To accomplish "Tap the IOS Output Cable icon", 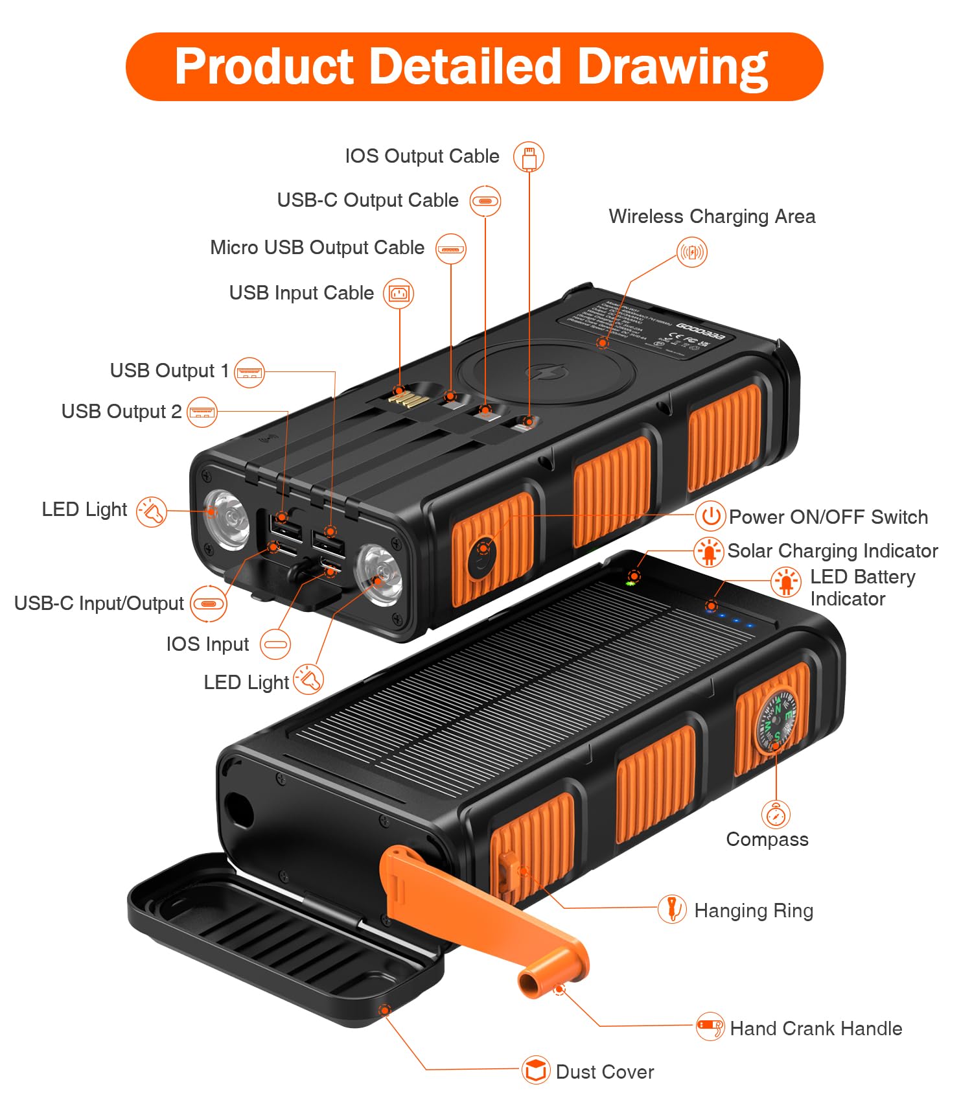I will [x=529, y=157].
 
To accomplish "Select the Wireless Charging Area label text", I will [x=712, y=217].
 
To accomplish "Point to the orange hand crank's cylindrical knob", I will [x=537, y=979].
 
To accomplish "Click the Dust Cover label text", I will [x=605, y=1072].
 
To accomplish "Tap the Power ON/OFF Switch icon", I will [x=711, y=517].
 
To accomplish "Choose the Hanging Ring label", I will [x=754, y=911].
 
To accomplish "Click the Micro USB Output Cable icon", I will [x=450, y=249].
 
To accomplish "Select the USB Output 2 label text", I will [x=121, y=412].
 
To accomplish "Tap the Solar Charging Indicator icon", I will [x=709, y=552].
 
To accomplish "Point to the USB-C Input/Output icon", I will [x=209, y=604].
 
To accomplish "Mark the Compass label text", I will [x=767, y=839].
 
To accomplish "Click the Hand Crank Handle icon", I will [x=710, y=1027].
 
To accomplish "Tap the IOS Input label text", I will [x=207, y=644].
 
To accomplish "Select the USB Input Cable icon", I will [x=399, y=294].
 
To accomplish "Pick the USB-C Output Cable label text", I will [x=367, y=200].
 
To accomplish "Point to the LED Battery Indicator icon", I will [x=786, y=582].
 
